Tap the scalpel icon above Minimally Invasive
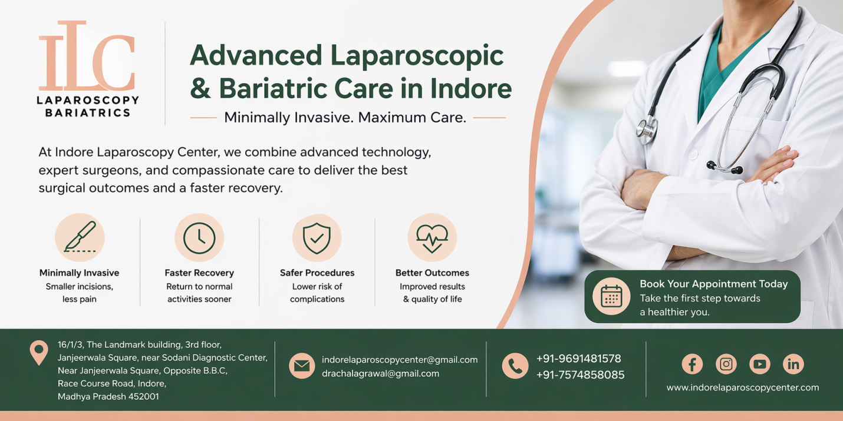(x=80, y=237)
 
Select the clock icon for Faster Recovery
(x=199, y=237)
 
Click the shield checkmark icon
(x=317, y=237)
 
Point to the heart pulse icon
(x=432, y=237)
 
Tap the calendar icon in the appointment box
(x=611, y=296)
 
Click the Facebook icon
(x=692, y=364)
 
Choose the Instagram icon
(x=726, y=364)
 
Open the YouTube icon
(x=759, y=364)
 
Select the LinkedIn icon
(x=793, y=364)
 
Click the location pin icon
(x=39, y=352)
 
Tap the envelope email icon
(x=302, y=366)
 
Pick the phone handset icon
(x=515, y=366)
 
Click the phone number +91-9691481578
(x=578, y=359)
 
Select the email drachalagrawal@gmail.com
(x=380, y=374)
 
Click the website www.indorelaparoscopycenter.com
(x=743, y=387)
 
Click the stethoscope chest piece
(x=647, y=130)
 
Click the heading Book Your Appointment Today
(x=713, y=284)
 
